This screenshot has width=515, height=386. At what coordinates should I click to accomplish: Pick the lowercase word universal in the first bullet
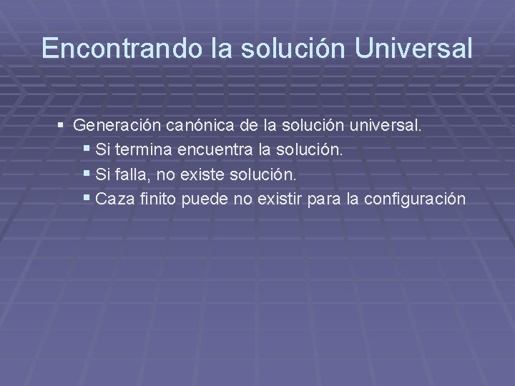pyautogui.click(x=386, y=126)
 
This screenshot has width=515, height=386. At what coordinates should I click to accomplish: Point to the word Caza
pyautogui.click(x=109, y=199)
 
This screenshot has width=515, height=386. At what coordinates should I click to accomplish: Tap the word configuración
pyautogui.click(x=415, y=199)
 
